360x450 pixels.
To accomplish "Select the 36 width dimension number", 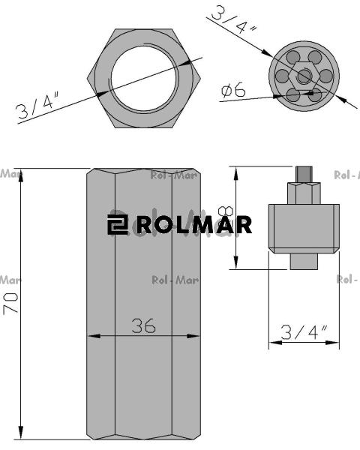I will point(144,325).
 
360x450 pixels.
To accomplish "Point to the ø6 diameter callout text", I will point(232,91).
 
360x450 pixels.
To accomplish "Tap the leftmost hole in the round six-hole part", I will point(283,76).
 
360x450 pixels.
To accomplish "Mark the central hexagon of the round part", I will point(303,76).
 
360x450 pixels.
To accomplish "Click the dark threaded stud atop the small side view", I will point(303,173).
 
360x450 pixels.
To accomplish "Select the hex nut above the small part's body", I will point(303,192).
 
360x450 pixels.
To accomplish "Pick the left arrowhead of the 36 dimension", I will point(93,336).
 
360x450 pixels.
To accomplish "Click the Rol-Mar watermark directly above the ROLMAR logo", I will point(174,177).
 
